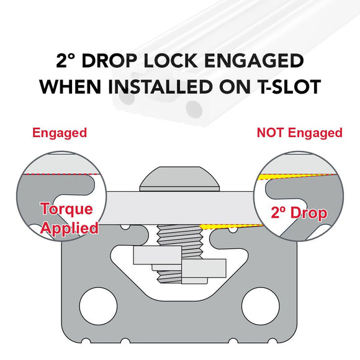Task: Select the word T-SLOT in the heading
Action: pos(285,86)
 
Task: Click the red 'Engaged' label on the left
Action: pos(60,133)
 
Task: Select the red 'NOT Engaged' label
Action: pos(299,133)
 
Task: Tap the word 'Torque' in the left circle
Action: pos(67,209)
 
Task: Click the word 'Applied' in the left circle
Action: pos(69,228)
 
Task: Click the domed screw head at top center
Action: pos(180,178)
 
